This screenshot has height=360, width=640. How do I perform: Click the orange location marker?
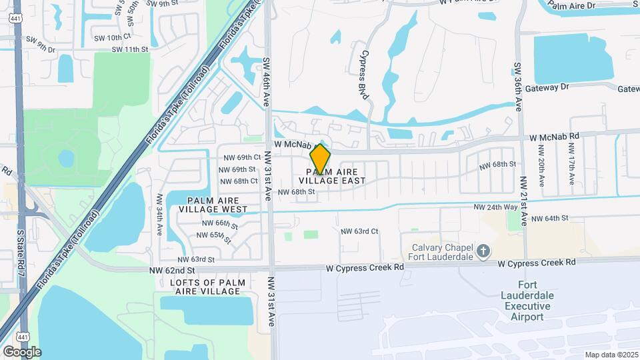(x=321, y=159)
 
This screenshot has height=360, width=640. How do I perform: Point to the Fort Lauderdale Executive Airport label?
(x=525, y=301)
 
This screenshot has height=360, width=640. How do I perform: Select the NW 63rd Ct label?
(x=360, y=231)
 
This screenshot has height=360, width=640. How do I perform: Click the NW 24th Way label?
(x=495, y=207)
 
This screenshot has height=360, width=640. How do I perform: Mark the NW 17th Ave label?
(x=571, y=171)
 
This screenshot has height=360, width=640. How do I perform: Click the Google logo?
(x=22, y=351)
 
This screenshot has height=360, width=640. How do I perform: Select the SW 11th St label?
(x=129, y=49)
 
